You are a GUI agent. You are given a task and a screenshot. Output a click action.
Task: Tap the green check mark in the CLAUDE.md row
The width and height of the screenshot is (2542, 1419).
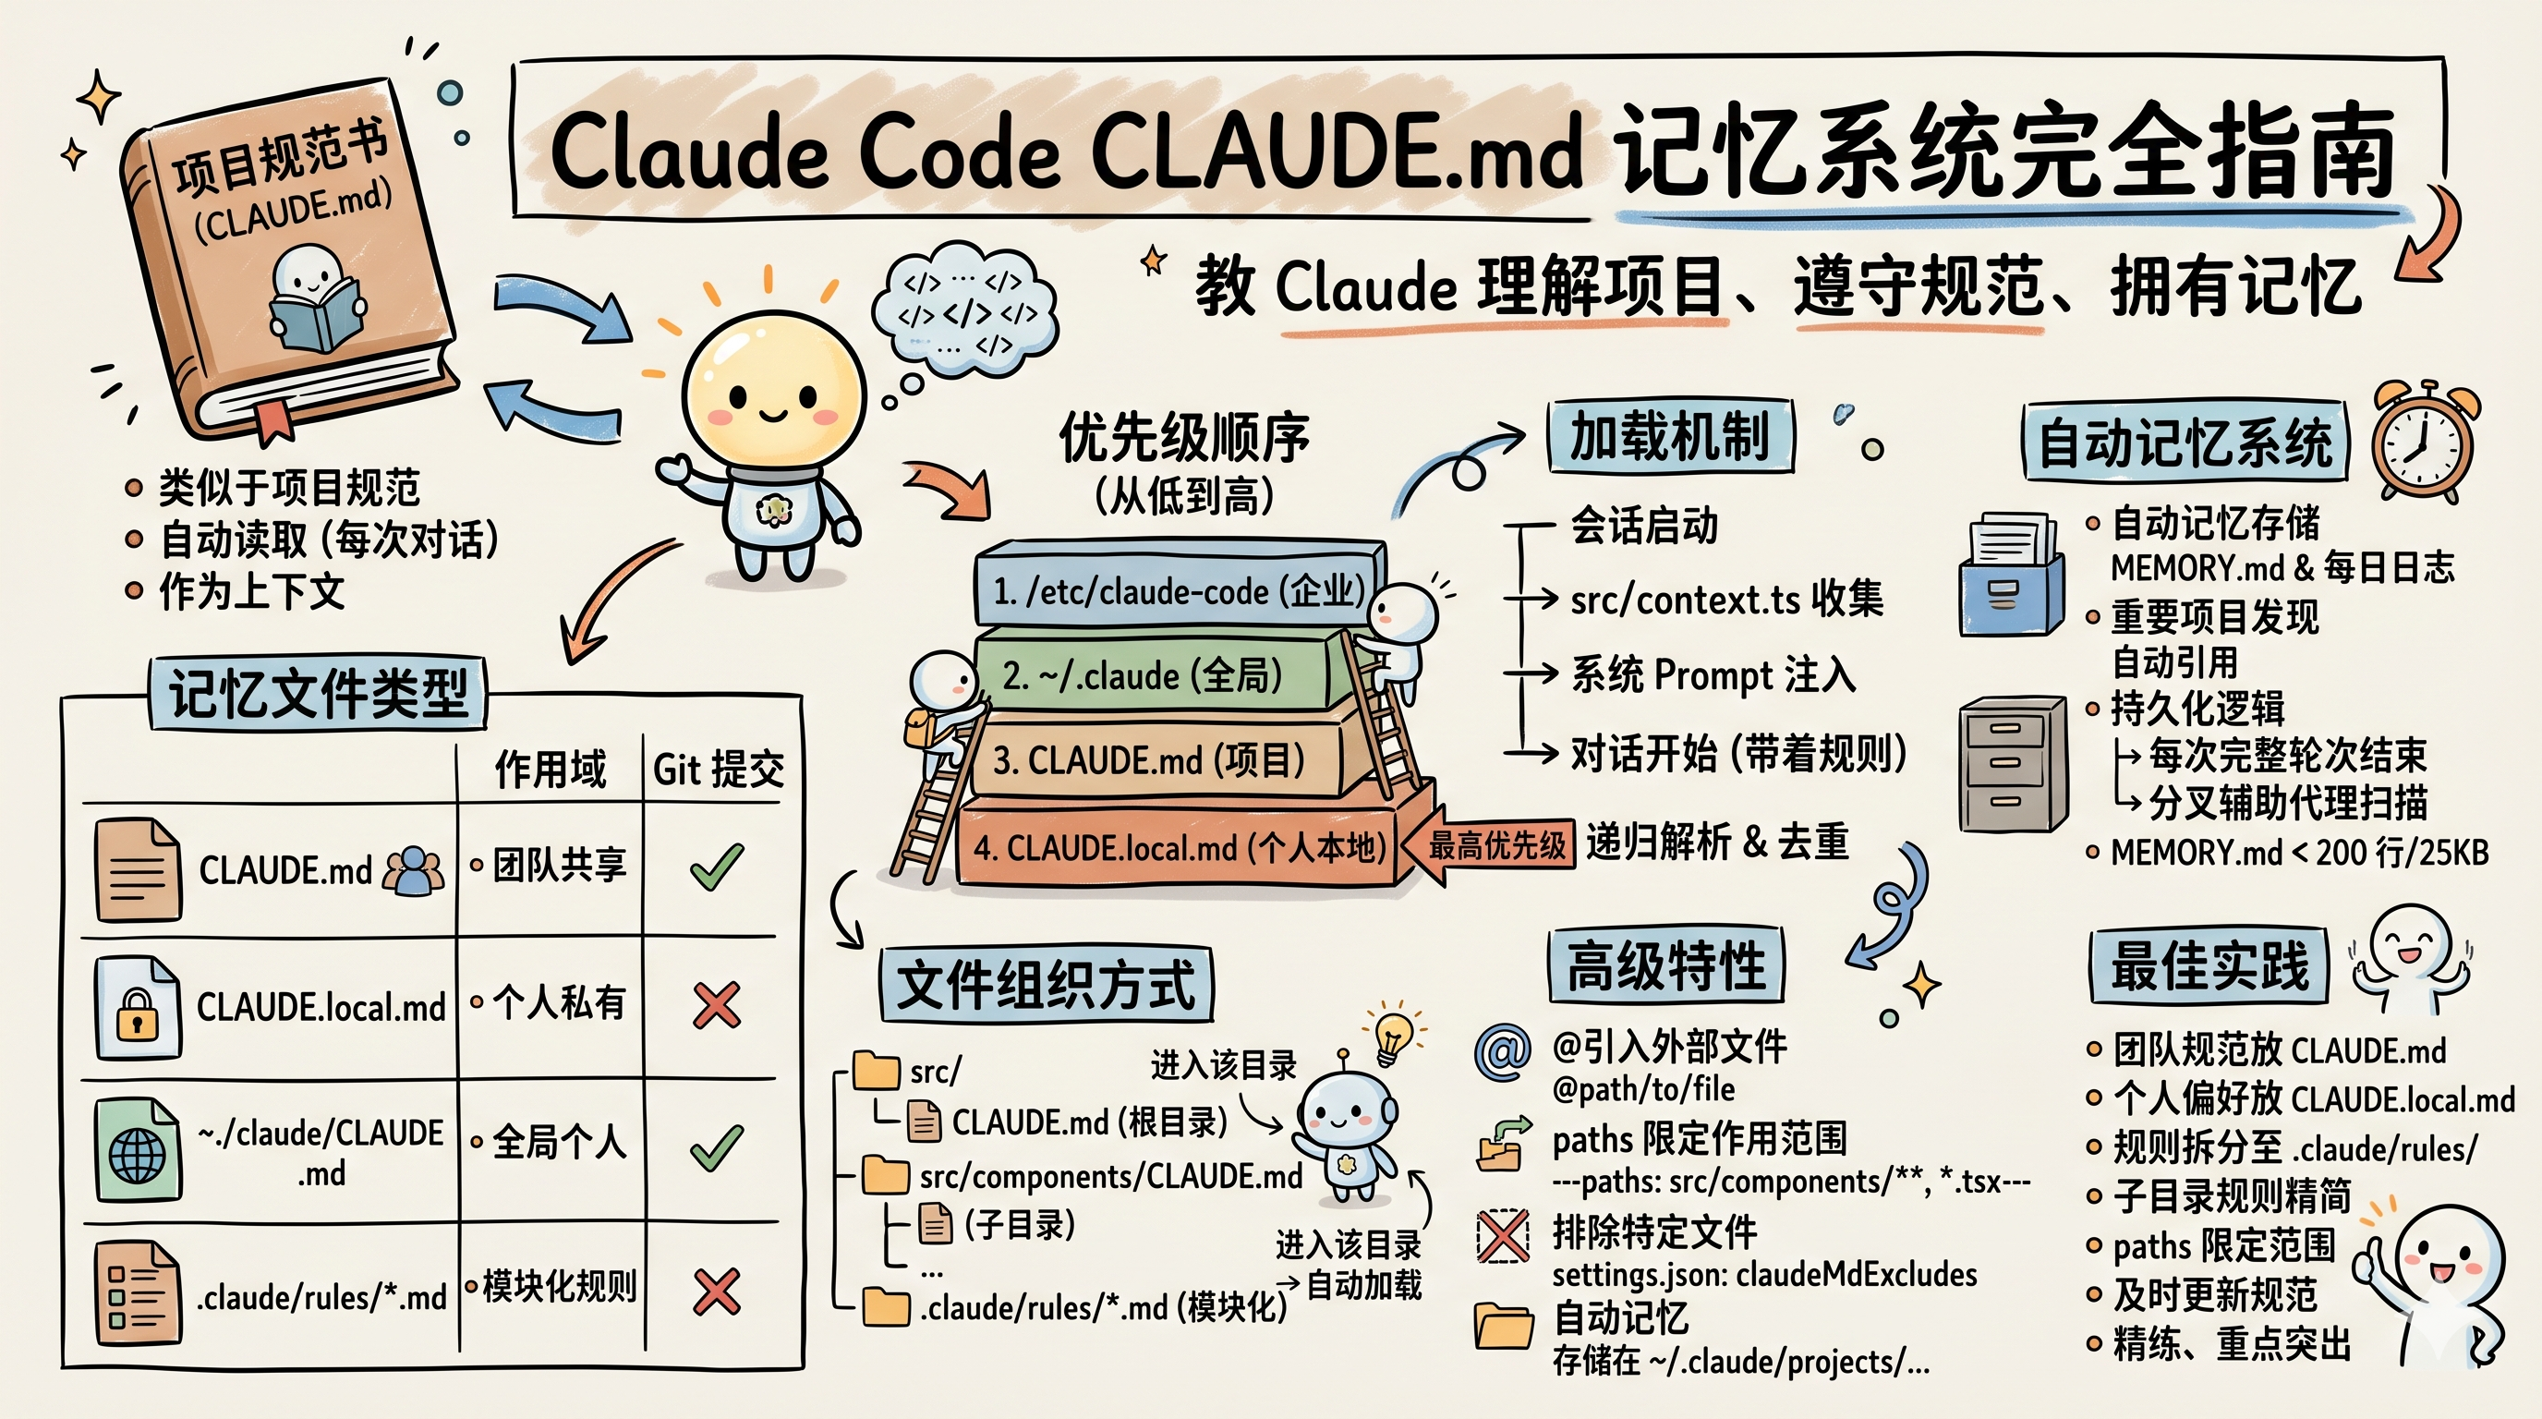coord(717,867)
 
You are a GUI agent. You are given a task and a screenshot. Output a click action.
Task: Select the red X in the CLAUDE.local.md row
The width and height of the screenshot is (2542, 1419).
coord(717,1005)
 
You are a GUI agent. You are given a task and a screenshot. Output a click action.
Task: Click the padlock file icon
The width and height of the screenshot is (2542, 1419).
coord(137,1009)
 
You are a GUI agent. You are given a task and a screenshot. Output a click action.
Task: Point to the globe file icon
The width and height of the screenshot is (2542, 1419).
coord(137,1150)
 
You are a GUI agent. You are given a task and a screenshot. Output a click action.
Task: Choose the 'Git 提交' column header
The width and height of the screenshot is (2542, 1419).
coord(718,769)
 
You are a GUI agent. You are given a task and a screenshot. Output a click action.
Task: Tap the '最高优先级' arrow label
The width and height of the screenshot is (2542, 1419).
coord(1496,844)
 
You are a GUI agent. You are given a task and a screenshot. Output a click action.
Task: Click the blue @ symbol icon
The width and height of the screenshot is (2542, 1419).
coord(1502,1052)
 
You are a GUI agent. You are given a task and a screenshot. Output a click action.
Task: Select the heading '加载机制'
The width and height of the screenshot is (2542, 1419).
coord(1669,436)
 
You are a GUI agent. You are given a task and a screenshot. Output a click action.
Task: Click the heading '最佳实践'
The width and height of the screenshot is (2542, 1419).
coord(2209,965)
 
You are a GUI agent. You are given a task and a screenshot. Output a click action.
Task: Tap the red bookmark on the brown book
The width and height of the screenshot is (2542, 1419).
coord(274,420)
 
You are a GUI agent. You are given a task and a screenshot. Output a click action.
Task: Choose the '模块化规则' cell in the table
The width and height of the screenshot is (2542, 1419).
coord(559,1286)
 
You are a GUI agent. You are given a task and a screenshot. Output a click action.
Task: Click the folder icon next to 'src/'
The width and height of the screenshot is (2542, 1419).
coord(876,1070)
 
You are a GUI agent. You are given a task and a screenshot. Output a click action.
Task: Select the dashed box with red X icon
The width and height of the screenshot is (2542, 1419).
coord(1502,1235)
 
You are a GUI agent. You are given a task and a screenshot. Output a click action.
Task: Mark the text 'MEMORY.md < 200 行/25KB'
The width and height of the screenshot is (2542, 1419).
coord(2298,853)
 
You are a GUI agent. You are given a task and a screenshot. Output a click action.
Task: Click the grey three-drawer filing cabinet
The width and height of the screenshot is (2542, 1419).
coord(2011,765)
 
